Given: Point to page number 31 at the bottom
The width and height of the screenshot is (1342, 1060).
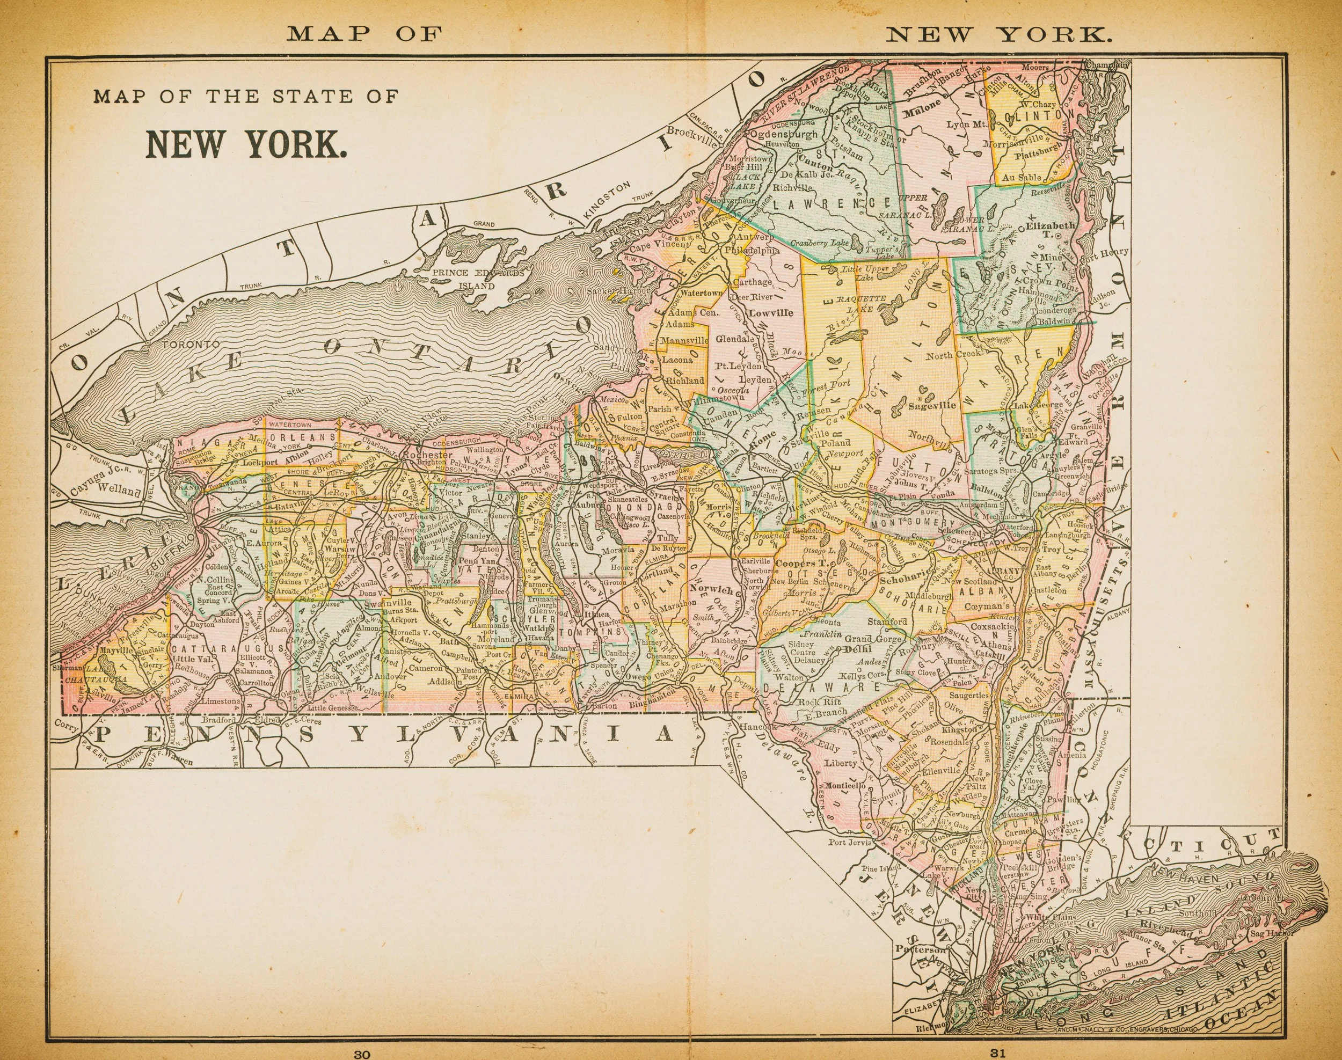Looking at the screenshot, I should pyautogui.click(x=997, y=1053).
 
